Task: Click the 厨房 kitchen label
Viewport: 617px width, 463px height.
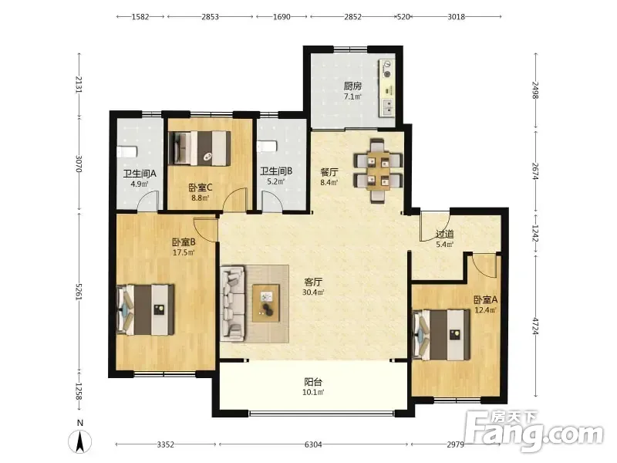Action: tap(352, 86)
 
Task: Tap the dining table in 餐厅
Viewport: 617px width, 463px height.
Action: tap(379, 171)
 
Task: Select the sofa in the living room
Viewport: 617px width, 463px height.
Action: tap(233, 302)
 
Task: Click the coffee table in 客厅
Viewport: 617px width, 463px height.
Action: tap(266, 303)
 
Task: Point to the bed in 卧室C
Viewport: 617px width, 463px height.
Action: tap(200, 148)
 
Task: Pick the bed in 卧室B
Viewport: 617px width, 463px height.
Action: tap(146, 310)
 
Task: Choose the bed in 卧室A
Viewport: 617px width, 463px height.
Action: tap(441, 335)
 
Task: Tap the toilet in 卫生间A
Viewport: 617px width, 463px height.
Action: tap(127, 151)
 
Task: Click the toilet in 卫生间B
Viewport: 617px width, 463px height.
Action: tap(267, 147)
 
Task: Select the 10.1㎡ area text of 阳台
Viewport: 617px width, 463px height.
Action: tap(313, 392)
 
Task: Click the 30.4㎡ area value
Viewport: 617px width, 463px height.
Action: tap(313, 292)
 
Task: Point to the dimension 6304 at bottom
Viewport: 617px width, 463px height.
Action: tap(313, 444)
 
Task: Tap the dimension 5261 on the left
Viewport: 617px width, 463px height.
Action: tap(79, 292)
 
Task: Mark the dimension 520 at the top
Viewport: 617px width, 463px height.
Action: tap(403, 17)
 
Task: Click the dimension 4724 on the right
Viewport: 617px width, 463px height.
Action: tap(534, 326)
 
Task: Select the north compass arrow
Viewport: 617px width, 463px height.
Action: tap(80, 441)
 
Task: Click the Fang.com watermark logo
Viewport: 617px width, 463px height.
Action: tap(534, 431)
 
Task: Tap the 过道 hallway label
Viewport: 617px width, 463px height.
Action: tap(445, 234)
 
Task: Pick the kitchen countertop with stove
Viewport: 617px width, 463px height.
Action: tap(387, 88)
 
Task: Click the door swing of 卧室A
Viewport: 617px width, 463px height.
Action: tap(485, 267)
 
